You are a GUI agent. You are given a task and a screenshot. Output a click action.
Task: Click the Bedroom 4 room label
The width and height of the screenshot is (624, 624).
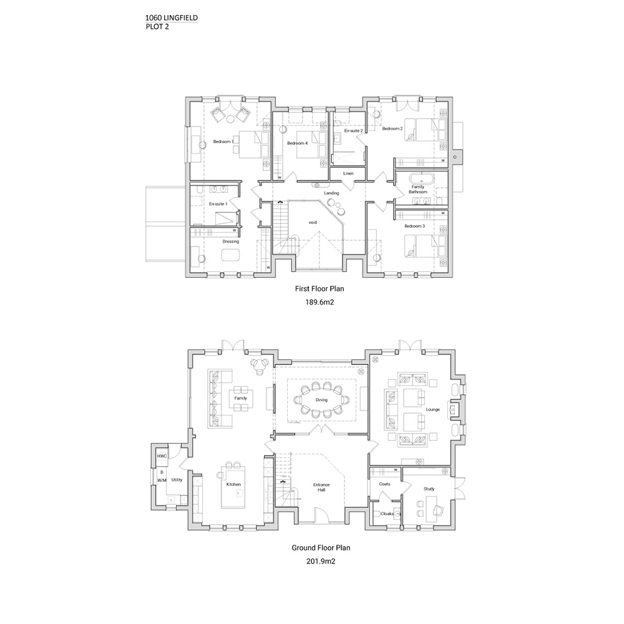tap(297, 144)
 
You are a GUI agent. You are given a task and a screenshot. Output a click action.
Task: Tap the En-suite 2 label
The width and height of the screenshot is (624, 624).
tap(353, 130)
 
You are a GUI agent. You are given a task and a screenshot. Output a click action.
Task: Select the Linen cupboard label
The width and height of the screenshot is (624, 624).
tap(348, 173)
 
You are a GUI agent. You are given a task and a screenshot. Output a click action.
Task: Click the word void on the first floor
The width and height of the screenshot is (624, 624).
tap(313, 223)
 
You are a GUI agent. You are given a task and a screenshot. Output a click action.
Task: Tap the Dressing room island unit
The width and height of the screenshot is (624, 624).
tap(231, 255)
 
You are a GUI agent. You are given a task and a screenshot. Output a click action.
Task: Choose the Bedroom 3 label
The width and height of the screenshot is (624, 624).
tap(415, 226)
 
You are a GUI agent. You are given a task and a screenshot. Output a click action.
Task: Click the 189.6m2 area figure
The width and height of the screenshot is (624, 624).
tap(319, 302)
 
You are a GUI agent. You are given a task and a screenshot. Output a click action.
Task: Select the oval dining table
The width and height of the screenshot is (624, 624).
tap(321, 400)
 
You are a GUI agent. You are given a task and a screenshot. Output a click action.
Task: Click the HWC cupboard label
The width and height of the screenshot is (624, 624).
tap(162, 457)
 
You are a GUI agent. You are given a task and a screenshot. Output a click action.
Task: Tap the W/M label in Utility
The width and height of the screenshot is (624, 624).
tap(162, 480)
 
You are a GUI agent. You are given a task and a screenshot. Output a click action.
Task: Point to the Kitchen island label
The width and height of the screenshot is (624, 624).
tap(233, 484)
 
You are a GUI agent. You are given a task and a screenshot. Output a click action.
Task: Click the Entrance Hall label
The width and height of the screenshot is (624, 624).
tap(321, 487)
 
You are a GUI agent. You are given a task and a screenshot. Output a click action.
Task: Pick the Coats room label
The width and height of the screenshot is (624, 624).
tap(385, 484)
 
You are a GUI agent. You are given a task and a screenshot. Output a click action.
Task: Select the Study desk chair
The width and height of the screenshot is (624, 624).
tap(438, 510)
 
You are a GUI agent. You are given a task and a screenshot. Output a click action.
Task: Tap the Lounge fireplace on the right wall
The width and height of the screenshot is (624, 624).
tap(454, 409)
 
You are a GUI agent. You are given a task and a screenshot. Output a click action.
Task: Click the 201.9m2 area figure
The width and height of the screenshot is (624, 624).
tap(321, 562)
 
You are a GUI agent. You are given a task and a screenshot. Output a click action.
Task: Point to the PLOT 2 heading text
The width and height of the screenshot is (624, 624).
tap(157, 27)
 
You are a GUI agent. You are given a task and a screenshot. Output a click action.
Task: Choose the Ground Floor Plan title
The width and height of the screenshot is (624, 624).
tap(321, 548)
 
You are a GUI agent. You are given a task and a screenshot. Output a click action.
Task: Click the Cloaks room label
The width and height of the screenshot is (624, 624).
tap(388, 514)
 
